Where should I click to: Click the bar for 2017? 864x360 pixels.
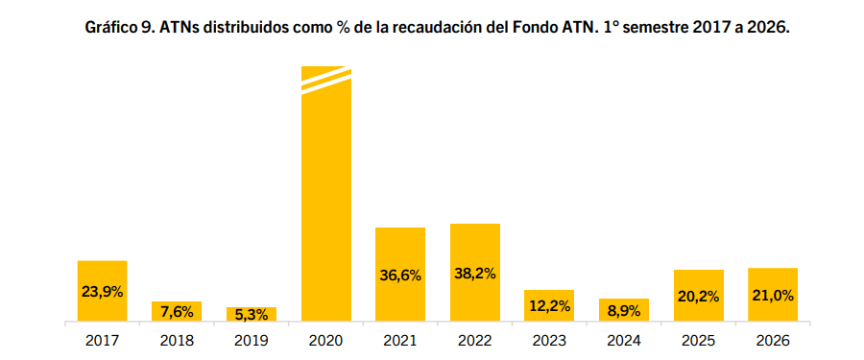tap(102, 291)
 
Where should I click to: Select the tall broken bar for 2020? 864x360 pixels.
tap(326, 194)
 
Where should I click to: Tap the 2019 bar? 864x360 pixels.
tap(252, 314)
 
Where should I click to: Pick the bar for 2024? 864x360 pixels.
tap(624, 310)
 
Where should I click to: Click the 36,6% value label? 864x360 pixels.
tap(400, 276)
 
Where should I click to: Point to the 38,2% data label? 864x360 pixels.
tap(475, 274)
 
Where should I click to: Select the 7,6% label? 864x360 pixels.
tap(177, 312)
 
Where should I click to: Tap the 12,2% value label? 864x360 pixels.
tap(549, 305)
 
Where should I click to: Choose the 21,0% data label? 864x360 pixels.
tap(773, 296)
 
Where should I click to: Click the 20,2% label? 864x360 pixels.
tap(699, 297)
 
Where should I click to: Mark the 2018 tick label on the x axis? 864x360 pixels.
tap(177, 341)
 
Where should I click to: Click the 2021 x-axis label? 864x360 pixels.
tap(400, 341)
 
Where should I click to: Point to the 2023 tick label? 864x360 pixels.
tap(549, 341)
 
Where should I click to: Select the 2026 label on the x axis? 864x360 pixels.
tap(773, 341)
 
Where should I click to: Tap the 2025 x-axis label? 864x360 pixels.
tap(699, 341)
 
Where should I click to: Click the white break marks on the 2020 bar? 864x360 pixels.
tap(326, 81)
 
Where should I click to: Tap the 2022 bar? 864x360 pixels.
tap(475, 273)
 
